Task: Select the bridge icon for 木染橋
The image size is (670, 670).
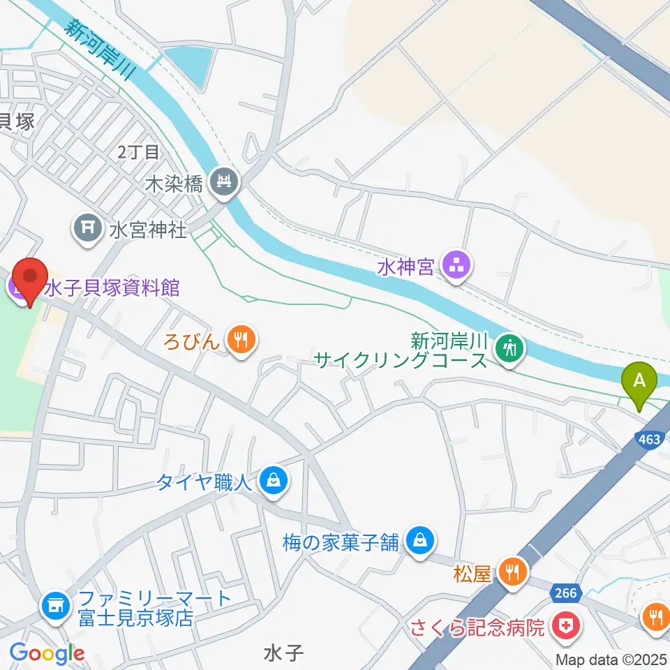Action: [x=225, y=184]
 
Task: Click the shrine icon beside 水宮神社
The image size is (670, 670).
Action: [x=88, y=228]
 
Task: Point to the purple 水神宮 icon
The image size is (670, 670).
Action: [x=457, y=267]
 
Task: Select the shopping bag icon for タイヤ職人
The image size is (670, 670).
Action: [x=274, y=482]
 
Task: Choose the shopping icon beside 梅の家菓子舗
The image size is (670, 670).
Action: [x=420, y=541]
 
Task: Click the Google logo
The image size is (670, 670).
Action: [x=47, y=653]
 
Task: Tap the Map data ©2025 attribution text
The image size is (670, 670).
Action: [x=611, y=660]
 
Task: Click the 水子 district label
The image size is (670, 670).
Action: [x=284, y=653]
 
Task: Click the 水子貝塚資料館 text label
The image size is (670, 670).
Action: [x=112, y=287]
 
